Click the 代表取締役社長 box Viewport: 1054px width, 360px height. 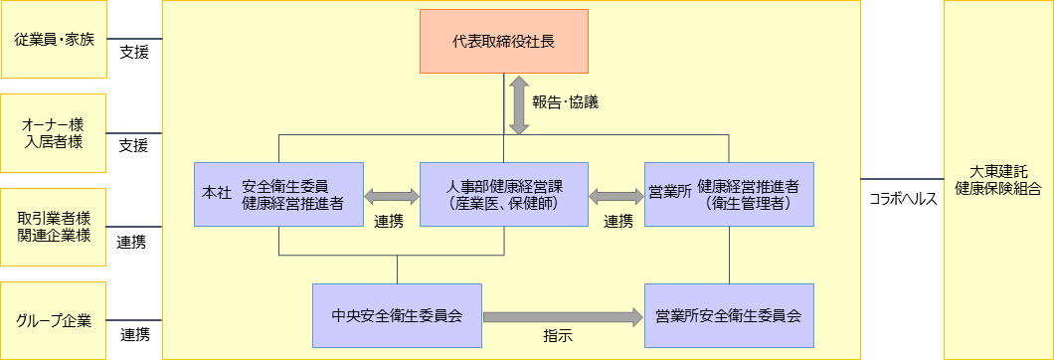pyautogui.click(x=503, y=41)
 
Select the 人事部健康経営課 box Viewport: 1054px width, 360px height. pyautogui.click(x=503, y=194)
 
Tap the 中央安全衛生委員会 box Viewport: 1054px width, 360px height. pyautogui.click(x=397, y=316)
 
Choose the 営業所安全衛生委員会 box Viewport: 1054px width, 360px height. pyautogui.click(x=729, y=316)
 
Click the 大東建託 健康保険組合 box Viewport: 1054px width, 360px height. pyautogui.click(x=998, y=179)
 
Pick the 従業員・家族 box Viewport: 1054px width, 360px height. pyautogui.click(x=54, y=40)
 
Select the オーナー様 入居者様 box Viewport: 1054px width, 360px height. pyautogui.click(x=54, y=133)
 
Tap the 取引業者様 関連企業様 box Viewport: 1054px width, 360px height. pyautogui.click(x=54, y=227)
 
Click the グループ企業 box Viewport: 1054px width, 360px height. pyautogui.click(x=54, y=320)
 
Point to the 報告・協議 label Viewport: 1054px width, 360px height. pyautogui.click(x=565, y=101)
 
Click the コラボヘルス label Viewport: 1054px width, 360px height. pyautogui.click(x=903, y=198)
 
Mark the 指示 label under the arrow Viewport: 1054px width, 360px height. pyautogui.click(x=558, y=338)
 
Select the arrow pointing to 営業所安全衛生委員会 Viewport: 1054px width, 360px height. pyautogui.click(x=563, y=317)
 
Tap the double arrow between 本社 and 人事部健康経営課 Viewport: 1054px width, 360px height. pyautogui.click(x=393, y=196)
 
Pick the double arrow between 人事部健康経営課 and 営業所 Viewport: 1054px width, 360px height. pyautogui.click(x=616, y=196)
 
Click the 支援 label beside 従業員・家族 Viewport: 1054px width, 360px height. pyautogui.click(x=133, y=52)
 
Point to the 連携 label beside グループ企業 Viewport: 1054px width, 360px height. pyautogui.click(x=133, y=334)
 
